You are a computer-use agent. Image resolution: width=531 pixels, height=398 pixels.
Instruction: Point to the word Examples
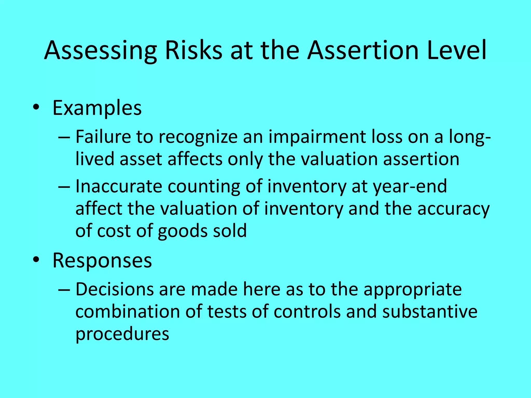[97, 108]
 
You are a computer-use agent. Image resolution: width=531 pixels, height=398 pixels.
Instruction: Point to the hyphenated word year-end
[410, 187]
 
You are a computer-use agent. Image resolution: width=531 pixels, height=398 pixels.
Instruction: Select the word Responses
[102, 260]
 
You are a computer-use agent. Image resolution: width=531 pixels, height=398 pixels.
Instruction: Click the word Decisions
[114, 289]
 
